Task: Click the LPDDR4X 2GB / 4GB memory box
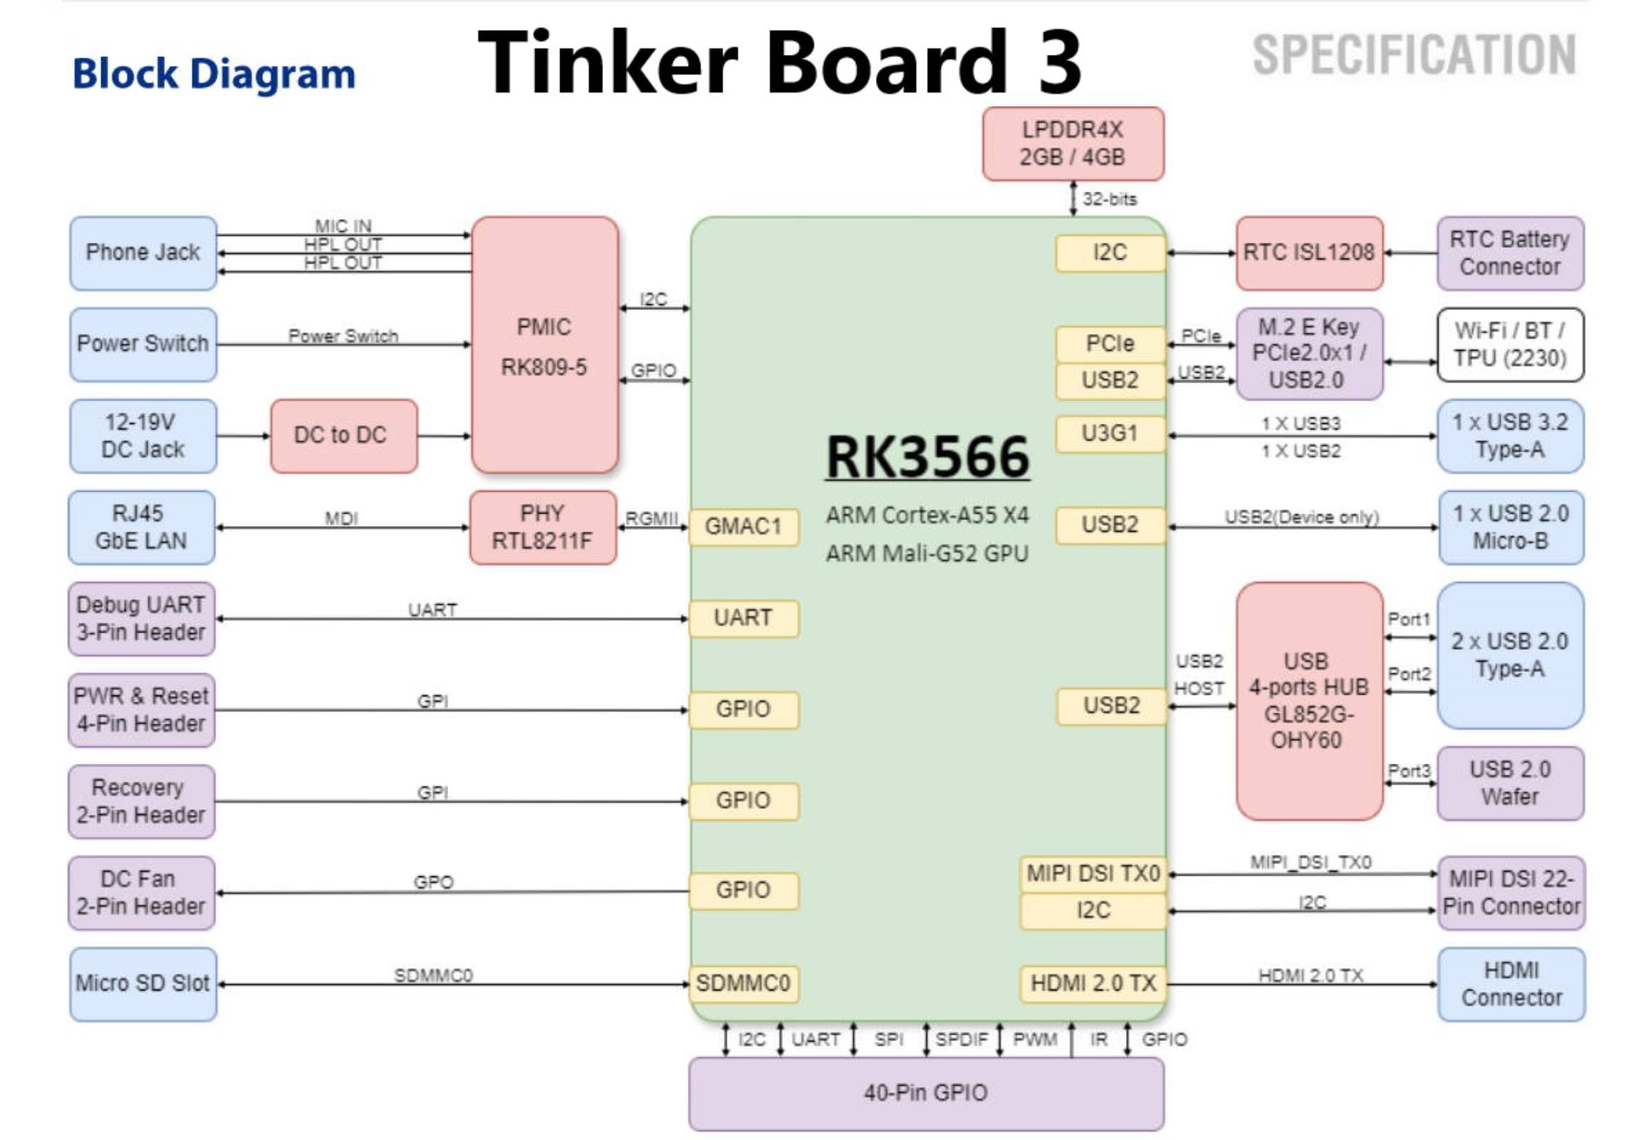click(x=1072, y=144)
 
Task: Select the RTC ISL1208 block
click(x=1308, y=253)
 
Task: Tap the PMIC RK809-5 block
click(x=544, y=345)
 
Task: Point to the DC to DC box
click(x=343, y=435)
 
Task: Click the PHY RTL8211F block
click(x=542, y=527)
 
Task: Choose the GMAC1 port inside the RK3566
click(x=743, y=527)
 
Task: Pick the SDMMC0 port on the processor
click(x=743, y=983)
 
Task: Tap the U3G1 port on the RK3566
click(x=1109, y=434)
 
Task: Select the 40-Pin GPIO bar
click(x=925, y=1092)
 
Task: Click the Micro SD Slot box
click(x=143, y=983)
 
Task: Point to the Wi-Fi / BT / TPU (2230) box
click(x=1509, y=345)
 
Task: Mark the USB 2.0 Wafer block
click(x=1509, y=783)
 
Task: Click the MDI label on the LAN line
click(x=341, y=519)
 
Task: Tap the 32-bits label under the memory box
click(x=1109, y=199)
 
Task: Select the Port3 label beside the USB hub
click(x=1408, y=771)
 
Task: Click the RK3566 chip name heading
click(x=926, y=458)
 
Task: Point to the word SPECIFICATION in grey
click(x=1413, y=55)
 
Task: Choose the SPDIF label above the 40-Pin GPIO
click(x=961, y=1040)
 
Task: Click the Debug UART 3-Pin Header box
click(x=142, y=618)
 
